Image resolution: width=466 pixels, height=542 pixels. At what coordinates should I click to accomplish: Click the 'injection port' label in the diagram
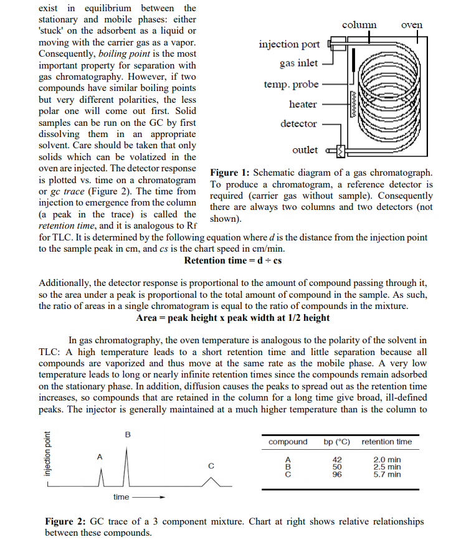289,44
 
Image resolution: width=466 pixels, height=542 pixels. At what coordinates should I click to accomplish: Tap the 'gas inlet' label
298,63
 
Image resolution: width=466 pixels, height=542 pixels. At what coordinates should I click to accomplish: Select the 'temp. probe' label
291,84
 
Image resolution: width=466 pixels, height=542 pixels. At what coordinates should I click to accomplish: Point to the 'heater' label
303,104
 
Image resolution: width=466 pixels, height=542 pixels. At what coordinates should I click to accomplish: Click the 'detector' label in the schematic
298,123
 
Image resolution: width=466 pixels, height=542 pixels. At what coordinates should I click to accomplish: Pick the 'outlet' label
305,150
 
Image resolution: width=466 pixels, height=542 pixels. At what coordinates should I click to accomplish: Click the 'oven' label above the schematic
412,25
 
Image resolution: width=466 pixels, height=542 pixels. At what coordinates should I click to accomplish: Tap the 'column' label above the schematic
359,25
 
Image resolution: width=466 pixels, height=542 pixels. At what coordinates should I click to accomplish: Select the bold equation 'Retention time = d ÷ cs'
233,260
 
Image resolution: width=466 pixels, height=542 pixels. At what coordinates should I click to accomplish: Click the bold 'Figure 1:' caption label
230,173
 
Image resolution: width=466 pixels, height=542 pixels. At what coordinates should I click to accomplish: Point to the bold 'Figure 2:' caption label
65,521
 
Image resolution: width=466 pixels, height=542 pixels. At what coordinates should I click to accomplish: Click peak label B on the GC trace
128,434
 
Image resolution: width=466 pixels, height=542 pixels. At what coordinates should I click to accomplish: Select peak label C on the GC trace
211,465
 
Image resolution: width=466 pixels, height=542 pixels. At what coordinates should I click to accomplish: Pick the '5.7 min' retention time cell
387,475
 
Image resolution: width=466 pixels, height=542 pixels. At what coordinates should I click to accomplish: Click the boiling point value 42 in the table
337,460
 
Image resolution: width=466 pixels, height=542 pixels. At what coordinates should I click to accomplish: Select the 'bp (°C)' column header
337,442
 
